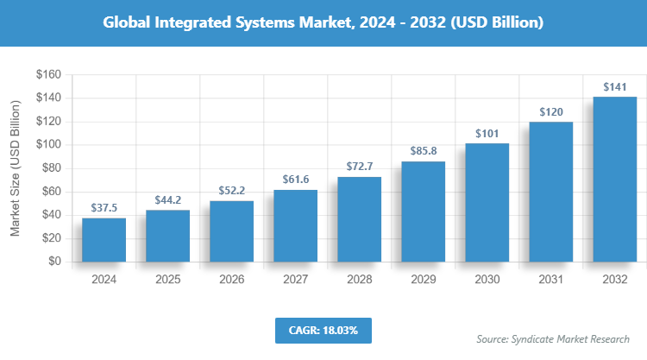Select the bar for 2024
coord(104,240)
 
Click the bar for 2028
coord(359,219)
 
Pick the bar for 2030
coord(487,202)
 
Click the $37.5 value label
coord(104,208)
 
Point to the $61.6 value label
coord(295,180)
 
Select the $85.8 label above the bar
coord(423,151)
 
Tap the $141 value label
coord(614,86)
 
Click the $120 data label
coord(550,111)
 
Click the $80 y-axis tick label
coord(48,168)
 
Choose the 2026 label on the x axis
coord(231,279)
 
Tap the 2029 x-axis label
coord(423,279)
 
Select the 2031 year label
coord(550,279)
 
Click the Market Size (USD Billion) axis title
coord(16,168)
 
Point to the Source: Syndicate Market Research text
coord(552,338)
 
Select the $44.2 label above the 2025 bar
coord(167,200)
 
